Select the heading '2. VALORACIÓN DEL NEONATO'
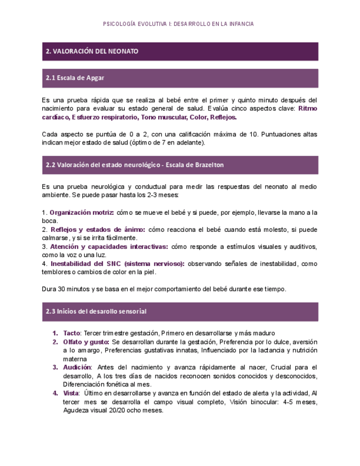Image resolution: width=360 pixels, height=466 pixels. click(x=92, y=51)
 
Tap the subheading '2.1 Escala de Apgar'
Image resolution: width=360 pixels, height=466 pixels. click(x=75, y=78)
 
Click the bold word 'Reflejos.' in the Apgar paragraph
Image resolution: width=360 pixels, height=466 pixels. click(x=223, y=118)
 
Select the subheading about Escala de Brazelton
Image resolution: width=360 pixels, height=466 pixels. click(x=135, y=165)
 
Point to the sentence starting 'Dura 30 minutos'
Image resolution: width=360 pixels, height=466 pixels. click(x=164, y=289)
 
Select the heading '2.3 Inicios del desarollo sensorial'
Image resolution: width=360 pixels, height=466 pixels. click(x=96, y=312)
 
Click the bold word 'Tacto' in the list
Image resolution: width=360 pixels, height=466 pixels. click(x=71, y=333)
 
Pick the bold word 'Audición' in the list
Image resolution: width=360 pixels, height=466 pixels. click(x=77, y=367)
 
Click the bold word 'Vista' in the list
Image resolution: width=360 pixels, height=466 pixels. click(x=71, y=393)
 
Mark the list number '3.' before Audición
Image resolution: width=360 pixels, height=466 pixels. click(x=55, y=367)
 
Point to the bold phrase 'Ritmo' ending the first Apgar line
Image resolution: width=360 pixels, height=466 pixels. click(x=307, y=109)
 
